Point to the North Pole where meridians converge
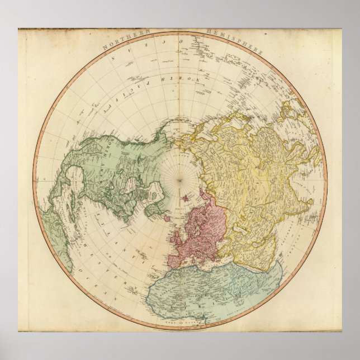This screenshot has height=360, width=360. tap(180, 180)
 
